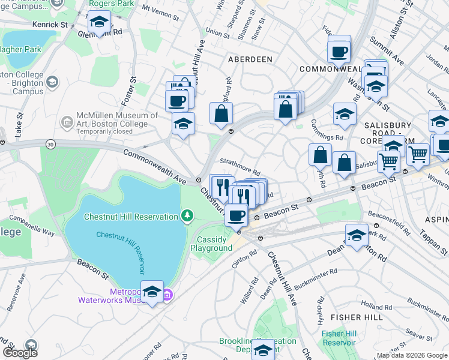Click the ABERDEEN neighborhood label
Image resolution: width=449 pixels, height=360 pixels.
click(x=250, y=59)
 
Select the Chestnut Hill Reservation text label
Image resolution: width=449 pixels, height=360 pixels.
click(x=131, y=217)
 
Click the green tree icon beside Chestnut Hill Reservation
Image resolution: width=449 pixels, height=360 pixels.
click(x=187, y=215)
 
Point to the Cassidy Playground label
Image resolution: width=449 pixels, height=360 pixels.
click(x=215, y=244)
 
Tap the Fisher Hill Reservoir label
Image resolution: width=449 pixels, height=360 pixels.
click(x=339, y=338)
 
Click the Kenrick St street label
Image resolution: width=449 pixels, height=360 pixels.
click(x=51, y=25)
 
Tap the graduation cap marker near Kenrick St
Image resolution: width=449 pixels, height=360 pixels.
click(x=98, y=23)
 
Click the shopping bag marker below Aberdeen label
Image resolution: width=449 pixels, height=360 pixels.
click(x=221, y=112)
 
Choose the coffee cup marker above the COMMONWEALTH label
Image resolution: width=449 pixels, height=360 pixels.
click(x=339, y=50)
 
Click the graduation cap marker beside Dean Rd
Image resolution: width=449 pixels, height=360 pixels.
click(x=357, y=235)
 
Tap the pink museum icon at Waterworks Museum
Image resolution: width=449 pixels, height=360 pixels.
click(x=169, y=294)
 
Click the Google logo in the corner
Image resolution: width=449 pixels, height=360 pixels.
click(x=20, y=352)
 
